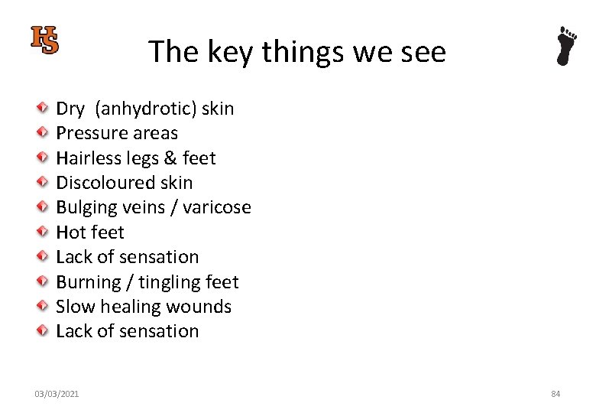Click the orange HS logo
pyautogui.click(x=44, y=40)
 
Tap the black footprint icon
pyautogui.click(x=566, y=46)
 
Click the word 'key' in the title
pyautogui.click(x=228, y=52)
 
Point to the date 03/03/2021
pyautogui.click(x=56, y=394)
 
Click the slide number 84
pyautogui.click(x=556, y=394)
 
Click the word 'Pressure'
pyautogui.click(x=91, y=133)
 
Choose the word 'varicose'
pyautogui.click(x=217, y=207)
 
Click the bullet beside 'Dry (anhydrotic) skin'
pyautogui.click(x=44, y=109)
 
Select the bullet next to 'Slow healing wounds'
pyautogui.click(x=44, y=307)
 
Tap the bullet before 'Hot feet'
pyautogui.click(x=44, y=233)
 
